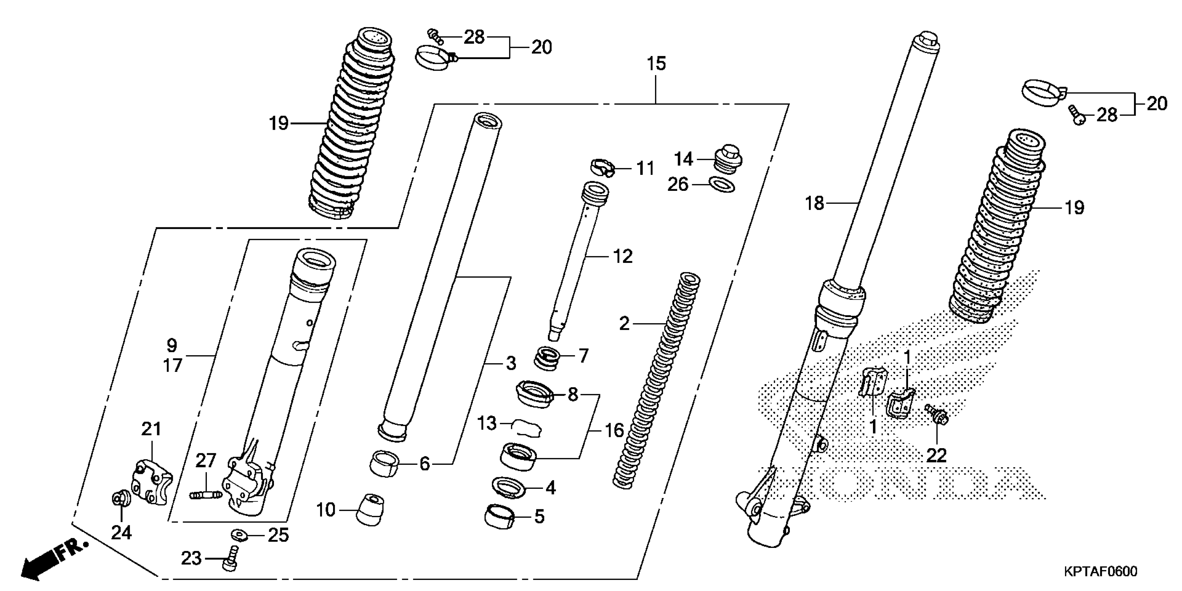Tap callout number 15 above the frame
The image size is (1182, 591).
[x=656, y=64]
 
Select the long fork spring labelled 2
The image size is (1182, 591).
[x=654, y=381]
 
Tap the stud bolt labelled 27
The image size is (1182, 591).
[x=205, y=495]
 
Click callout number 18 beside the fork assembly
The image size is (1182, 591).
[x=815, y=203]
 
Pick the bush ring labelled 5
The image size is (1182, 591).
[x=499, y=517]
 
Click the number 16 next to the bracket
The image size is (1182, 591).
[x=614, y=430]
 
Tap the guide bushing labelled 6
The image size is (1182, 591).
[x=384, y=463]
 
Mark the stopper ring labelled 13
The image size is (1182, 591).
[x=526, y=427]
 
